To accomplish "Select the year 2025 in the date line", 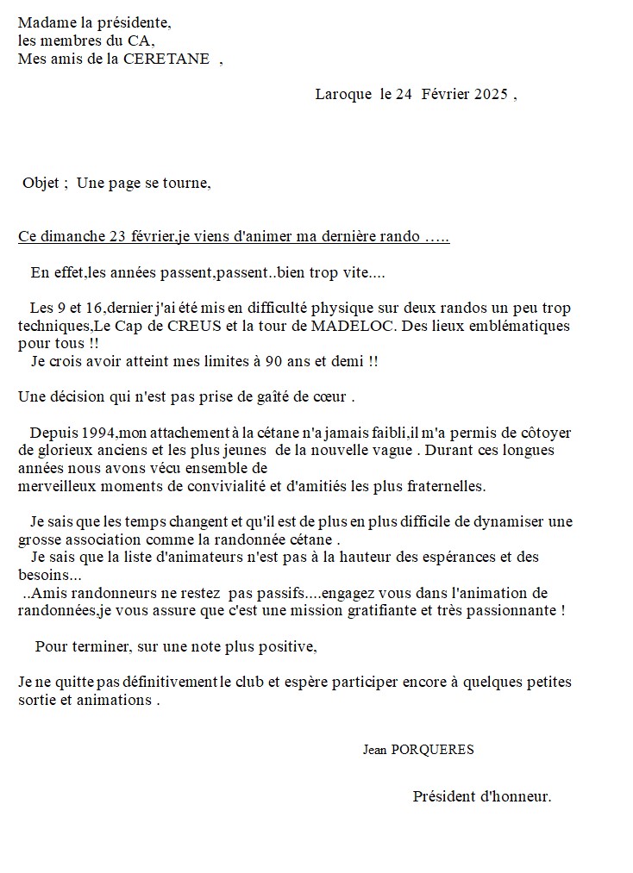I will pos(490,95).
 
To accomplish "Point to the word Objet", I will pos(41,183).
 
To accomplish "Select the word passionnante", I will pos(517,611).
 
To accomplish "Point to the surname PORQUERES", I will pos(432,750).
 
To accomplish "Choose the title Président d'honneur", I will pos(481,796).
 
